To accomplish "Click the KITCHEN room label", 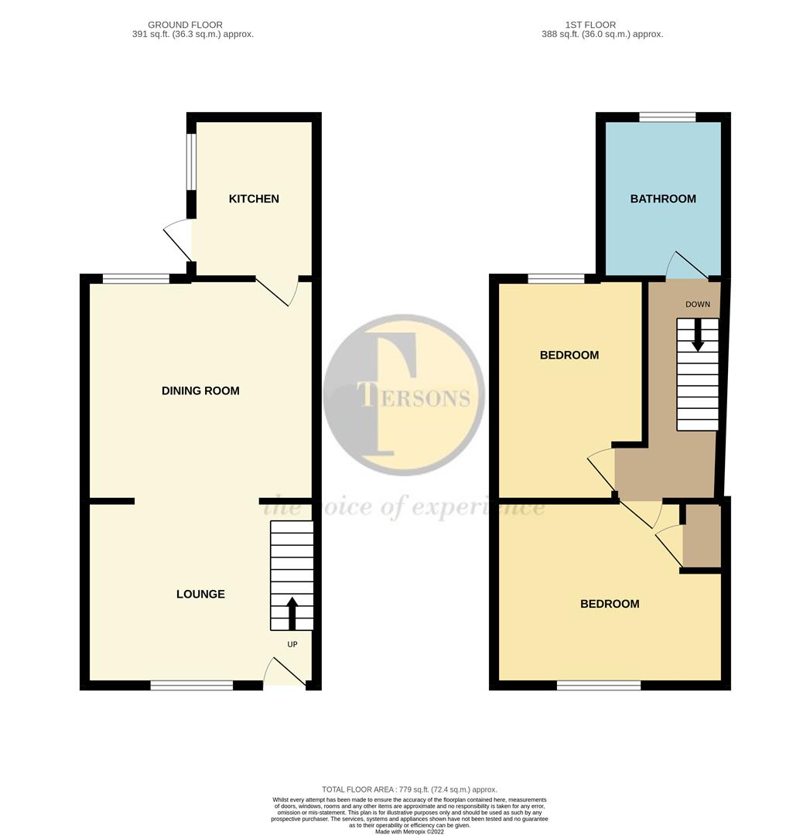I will tap(254, 199).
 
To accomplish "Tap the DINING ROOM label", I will tap(200, 390).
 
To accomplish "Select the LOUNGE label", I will tap(200, 594).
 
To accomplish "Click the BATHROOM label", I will tap(663, 199).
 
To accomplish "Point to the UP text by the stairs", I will tap(292, 644).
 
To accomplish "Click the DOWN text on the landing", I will tap(697, 304).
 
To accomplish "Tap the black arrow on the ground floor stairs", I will tap(292, 612).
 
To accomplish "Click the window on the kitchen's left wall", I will tap(190, 162).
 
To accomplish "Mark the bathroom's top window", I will tap(667, 117).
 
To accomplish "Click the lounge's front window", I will tap(192, 685).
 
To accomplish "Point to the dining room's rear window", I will tap(135, 278).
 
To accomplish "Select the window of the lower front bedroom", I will tap(598, 685).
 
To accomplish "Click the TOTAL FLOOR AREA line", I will tap(409, 789).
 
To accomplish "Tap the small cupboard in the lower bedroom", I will tap(702, 536).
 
